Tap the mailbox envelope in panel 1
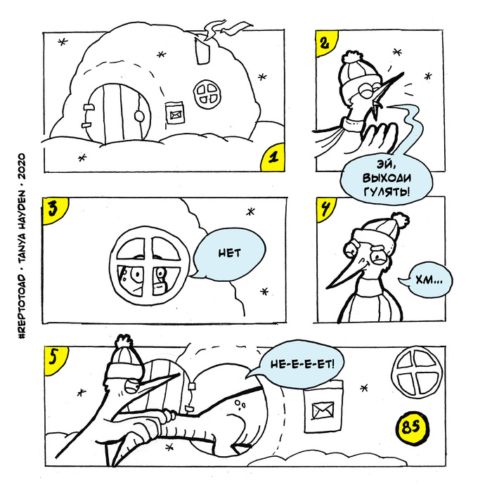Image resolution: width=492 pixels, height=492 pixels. [x=174, y=110]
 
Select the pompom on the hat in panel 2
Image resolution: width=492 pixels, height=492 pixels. [x=349, y=57]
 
